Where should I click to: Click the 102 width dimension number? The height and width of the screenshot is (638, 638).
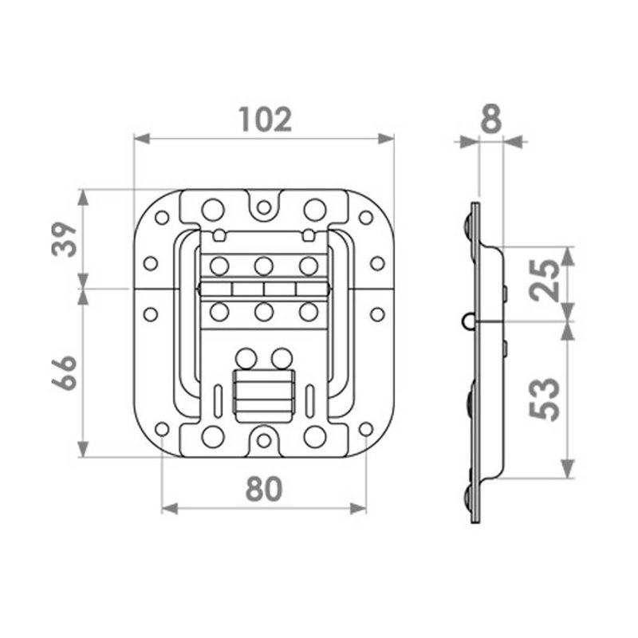pyautogui.click(x=266, y=120)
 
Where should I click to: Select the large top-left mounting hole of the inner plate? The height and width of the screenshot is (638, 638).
pyautogui.click(x=212, y=209)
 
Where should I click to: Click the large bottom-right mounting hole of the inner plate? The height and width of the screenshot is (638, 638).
pyautogui.click(x=315, y=435)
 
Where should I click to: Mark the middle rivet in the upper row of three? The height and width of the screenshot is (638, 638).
pyautogui.click(x=262, y=264)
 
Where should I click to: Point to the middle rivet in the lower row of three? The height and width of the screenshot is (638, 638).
pyautogui.click(x=262, y=312)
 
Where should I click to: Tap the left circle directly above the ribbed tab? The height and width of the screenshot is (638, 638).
pyautogui.click(x=247, y=358)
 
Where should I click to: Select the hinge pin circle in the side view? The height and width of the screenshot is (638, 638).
pyautogui.click(x=467, y=321)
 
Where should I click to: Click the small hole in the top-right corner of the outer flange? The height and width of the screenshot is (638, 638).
pyautogui.click(x=366, y=217)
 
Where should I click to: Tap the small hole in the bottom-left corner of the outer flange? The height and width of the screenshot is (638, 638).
pyautogui.click(x=162, y=429)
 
